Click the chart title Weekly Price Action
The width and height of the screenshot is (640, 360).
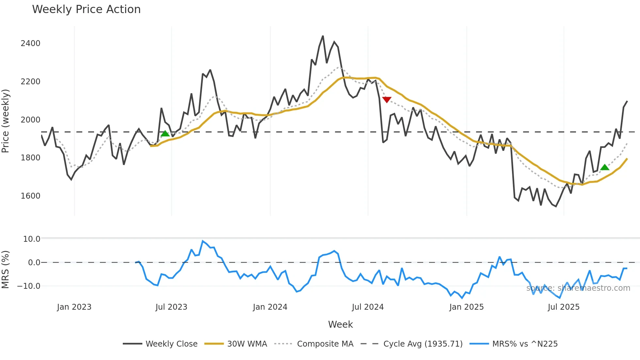[86, 9]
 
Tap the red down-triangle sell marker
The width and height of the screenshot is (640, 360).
[387, 100]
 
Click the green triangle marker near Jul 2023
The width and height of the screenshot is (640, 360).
[165, 134]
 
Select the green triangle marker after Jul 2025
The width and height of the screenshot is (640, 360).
[605, 167]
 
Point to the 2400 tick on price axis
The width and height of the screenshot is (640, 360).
[30, 43]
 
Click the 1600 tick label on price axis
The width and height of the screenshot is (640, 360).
[30, 196]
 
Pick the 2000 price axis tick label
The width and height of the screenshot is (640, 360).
[30, 120]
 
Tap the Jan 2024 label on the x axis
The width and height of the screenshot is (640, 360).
[270, 307]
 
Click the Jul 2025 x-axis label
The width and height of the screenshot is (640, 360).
[564, 307]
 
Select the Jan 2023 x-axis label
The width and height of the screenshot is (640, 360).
[74, 307]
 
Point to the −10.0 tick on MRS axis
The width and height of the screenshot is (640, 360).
[29, 286]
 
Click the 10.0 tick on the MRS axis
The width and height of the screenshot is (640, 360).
[32, 239]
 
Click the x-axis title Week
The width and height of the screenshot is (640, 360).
[340, 324]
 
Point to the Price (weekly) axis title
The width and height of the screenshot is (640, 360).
[6, 121]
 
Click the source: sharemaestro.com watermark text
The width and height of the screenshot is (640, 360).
[578, 288]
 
